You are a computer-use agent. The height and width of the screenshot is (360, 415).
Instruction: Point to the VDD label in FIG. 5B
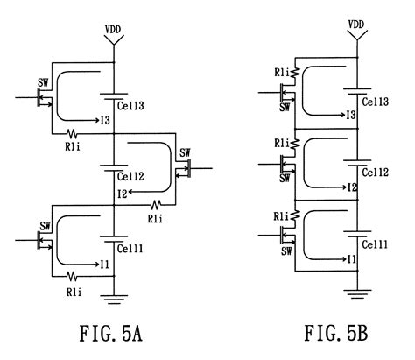point(356,25)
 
